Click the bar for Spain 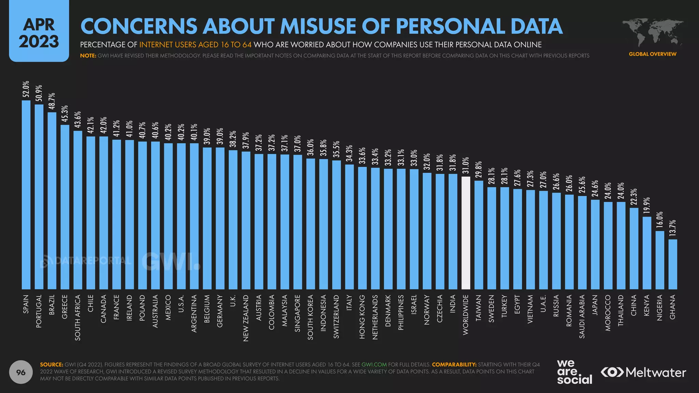click(26, 194)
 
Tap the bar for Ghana click(672, 264)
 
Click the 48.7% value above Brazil click(52, 101)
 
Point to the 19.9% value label click(647, 206)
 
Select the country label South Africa click(78, 318)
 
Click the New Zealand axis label click(246, 318)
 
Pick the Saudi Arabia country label click(582, 317)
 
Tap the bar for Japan click(595, 244)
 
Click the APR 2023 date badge click(39, 33)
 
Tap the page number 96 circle click(21, 372)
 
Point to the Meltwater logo click(643, 372)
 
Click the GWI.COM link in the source click(374, 364)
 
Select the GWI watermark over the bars click(171, 262)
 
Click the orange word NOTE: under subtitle click(88, 56)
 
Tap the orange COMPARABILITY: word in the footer click(454, 364)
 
